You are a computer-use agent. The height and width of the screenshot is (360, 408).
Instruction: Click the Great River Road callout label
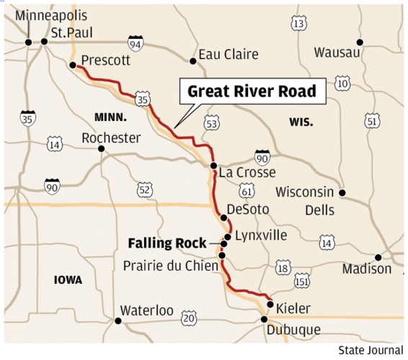[x=252, y=91]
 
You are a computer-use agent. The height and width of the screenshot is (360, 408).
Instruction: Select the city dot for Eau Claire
[x=193, y=61]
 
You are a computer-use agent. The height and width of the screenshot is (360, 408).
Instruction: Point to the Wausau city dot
[x=360, y=43]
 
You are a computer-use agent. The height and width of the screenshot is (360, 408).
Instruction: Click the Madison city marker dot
[x=378, y=257]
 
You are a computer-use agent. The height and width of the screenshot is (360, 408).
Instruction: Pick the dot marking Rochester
[x=102, y=149]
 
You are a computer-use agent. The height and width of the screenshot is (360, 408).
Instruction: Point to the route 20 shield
[x=188, y=317]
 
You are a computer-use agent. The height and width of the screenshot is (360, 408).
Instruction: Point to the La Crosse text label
[x=244, y=173]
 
